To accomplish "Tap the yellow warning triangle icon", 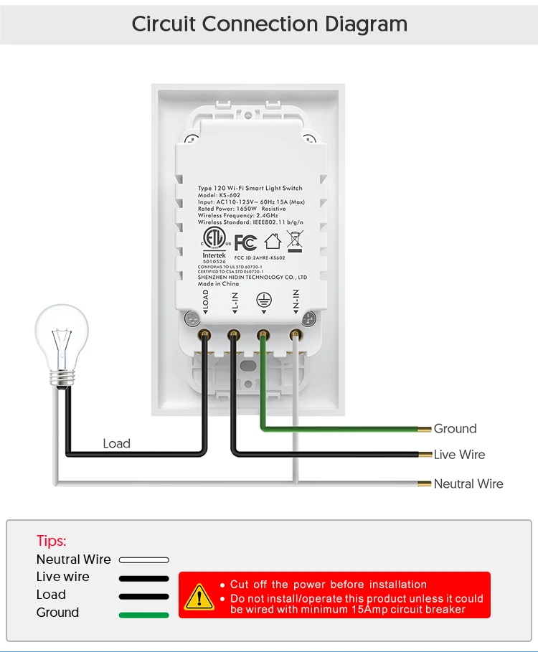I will (x=199, y=596).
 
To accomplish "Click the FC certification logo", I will (x=245, y=242).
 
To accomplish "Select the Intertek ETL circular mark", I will (x=213, y=239).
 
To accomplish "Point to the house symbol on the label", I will (x=273, y=242).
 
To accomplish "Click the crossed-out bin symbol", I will (x=294, y=242).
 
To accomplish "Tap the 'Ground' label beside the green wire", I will (x=455, y=429).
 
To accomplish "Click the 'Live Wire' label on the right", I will (x=459, y=455).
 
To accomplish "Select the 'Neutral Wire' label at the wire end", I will (x=468, y=484).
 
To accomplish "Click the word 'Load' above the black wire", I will (x=116, y=444).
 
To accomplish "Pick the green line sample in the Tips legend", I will (x=143, y=615).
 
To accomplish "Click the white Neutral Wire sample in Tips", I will (x=143, y=559).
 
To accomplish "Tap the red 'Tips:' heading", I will (x=52, y=541).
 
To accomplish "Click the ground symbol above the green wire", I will (x=264, y=301).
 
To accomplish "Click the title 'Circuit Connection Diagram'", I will (x=269, y=24).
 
